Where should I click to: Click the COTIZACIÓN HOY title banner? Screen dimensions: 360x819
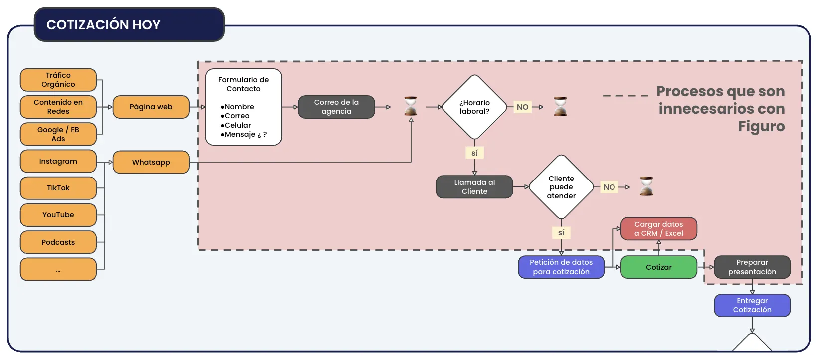(129, 25)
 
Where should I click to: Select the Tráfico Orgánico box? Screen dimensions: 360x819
(58, 80)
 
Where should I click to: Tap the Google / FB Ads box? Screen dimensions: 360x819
(58, 134)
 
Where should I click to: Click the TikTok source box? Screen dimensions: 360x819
(58, 188)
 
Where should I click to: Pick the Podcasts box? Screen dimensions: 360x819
(58, 242)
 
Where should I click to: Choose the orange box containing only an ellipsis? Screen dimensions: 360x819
(58, 269)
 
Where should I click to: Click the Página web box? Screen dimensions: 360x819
(151, 107)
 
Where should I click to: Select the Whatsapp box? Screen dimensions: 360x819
(151, 162)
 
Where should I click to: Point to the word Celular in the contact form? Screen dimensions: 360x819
(237, 125)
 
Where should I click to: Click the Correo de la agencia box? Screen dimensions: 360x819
(336, 107)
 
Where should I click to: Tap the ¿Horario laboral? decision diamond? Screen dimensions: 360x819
(474, 107)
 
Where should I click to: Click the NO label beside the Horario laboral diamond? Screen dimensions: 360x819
(522, 107)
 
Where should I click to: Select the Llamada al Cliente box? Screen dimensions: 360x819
(474, 187)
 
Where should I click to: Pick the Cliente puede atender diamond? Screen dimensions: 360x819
(561, 187)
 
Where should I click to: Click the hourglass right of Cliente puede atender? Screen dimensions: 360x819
(646, 186)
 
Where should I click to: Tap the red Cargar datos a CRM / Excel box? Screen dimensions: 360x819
(658, 229)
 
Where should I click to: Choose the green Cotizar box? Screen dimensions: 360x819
(658, 267)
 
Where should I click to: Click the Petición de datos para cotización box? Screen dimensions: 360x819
(561, 267)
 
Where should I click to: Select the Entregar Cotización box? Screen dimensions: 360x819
(752, 305)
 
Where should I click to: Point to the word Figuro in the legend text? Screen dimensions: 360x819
(761, 126)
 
